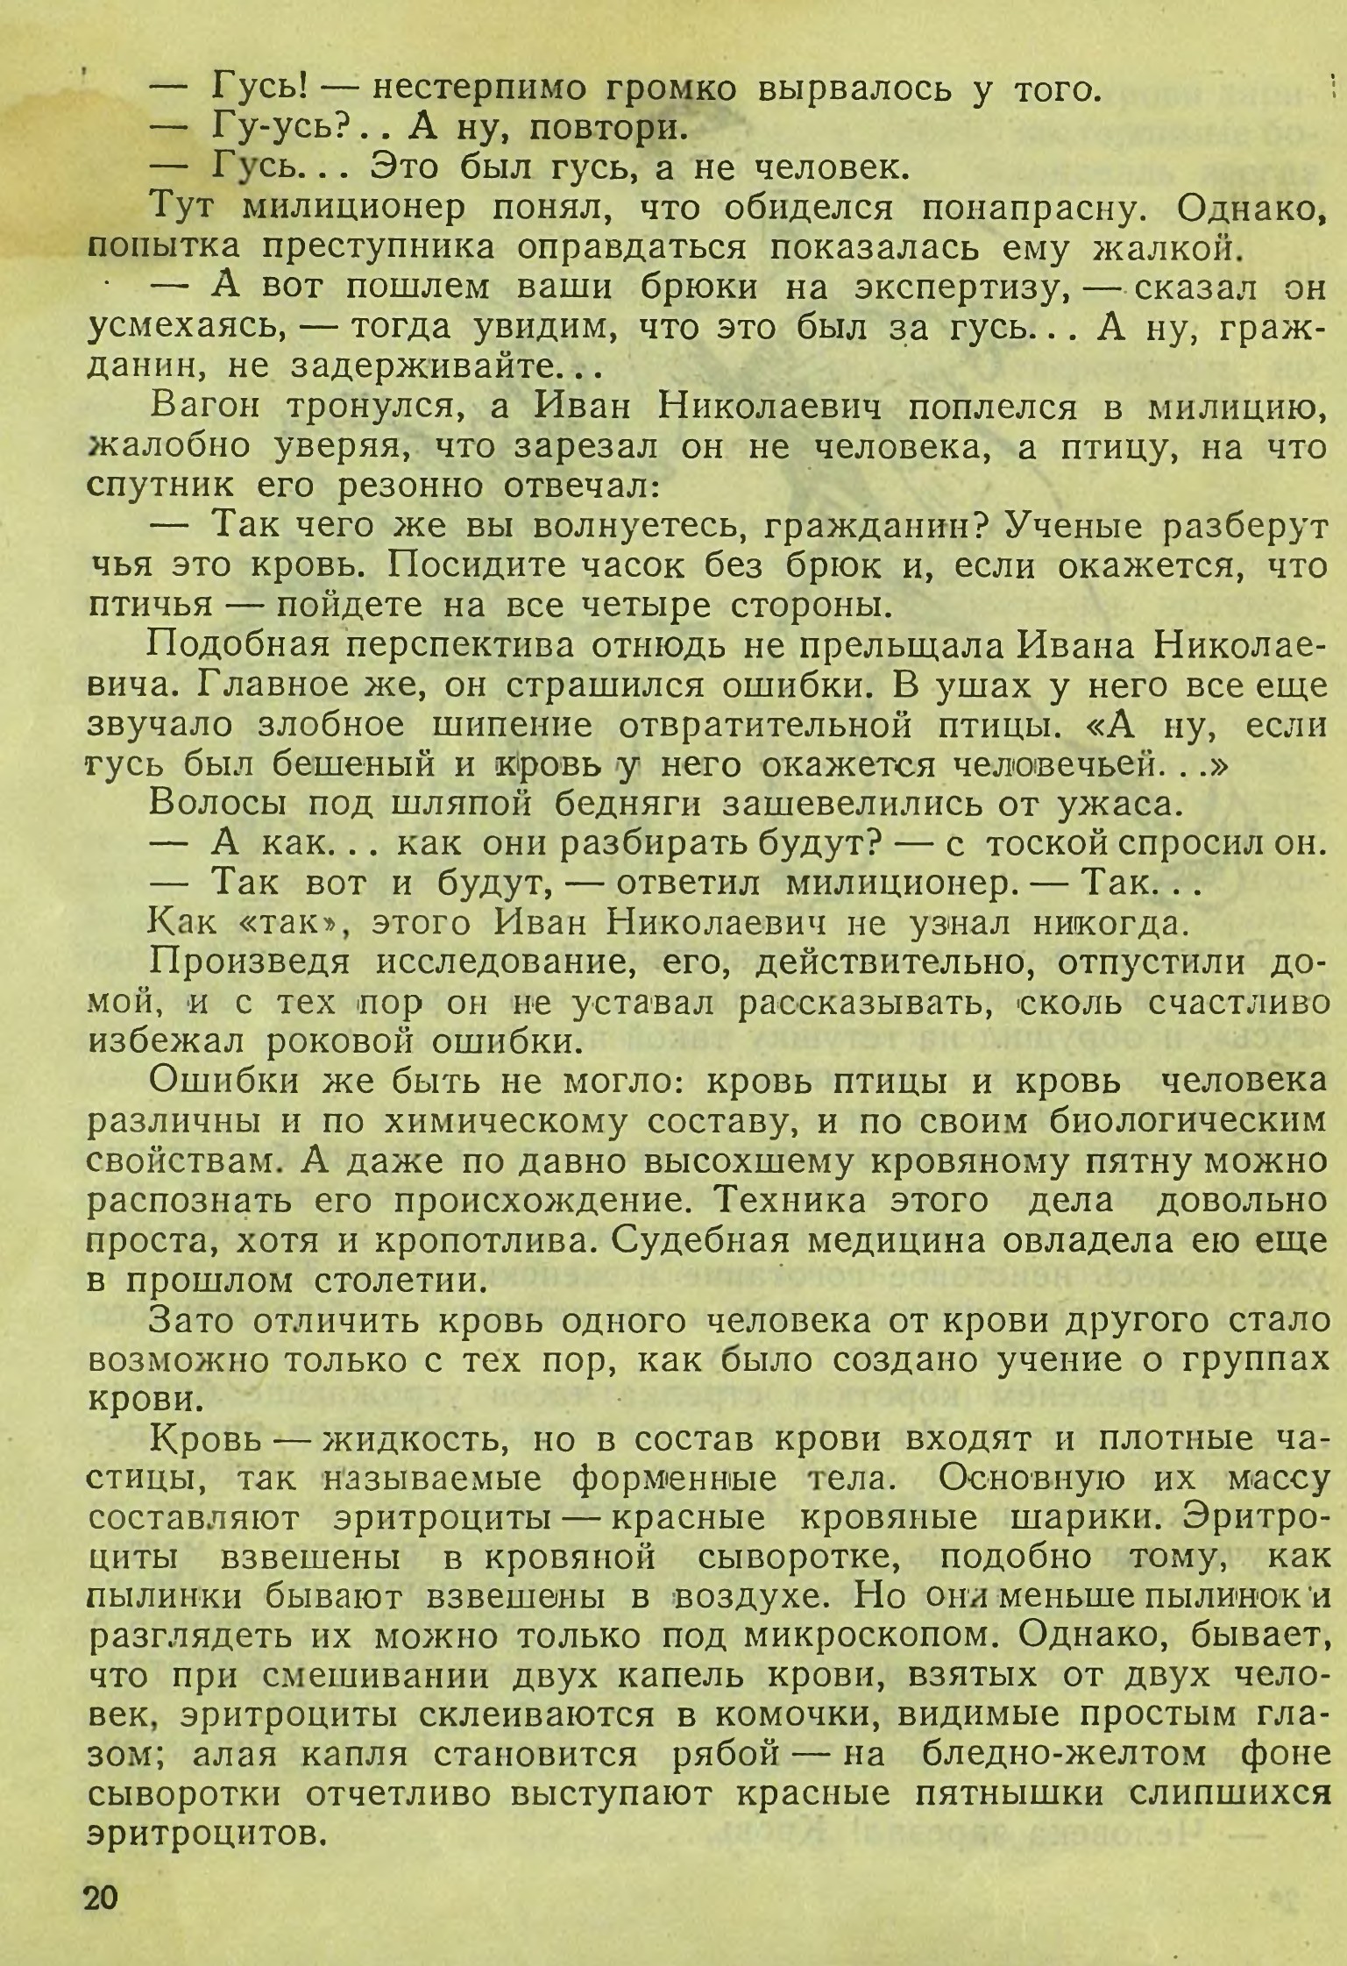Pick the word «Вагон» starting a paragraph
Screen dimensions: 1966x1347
click(206, 407)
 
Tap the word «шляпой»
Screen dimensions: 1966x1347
click(450, 803)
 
